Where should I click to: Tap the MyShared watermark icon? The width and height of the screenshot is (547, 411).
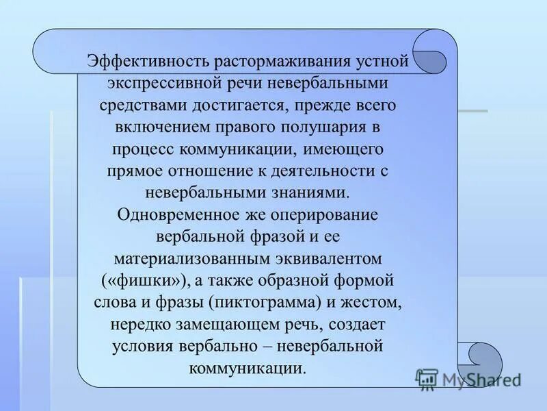click(x=427, y=379)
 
